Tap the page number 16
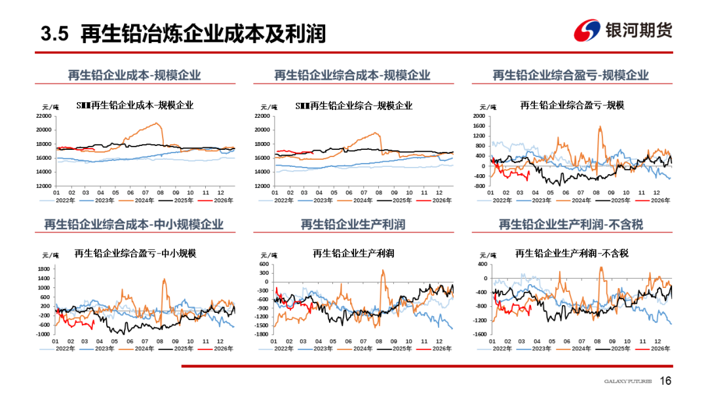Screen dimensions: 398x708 click(665, 381)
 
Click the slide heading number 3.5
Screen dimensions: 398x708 click(54, 33)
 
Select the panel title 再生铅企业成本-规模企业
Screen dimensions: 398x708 click(134, 75)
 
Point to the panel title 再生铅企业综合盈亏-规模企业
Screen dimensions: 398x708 click(570, 75)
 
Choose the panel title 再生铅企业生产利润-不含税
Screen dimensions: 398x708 click(570, 225)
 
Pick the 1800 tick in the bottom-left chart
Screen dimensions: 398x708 click(45, 268)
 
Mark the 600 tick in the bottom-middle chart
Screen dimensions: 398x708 click(264, 264)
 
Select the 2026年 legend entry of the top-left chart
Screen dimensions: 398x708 click(222, 200)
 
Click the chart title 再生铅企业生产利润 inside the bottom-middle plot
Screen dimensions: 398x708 click(353, 253)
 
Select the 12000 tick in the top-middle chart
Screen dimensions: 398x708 click(262, 186)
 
